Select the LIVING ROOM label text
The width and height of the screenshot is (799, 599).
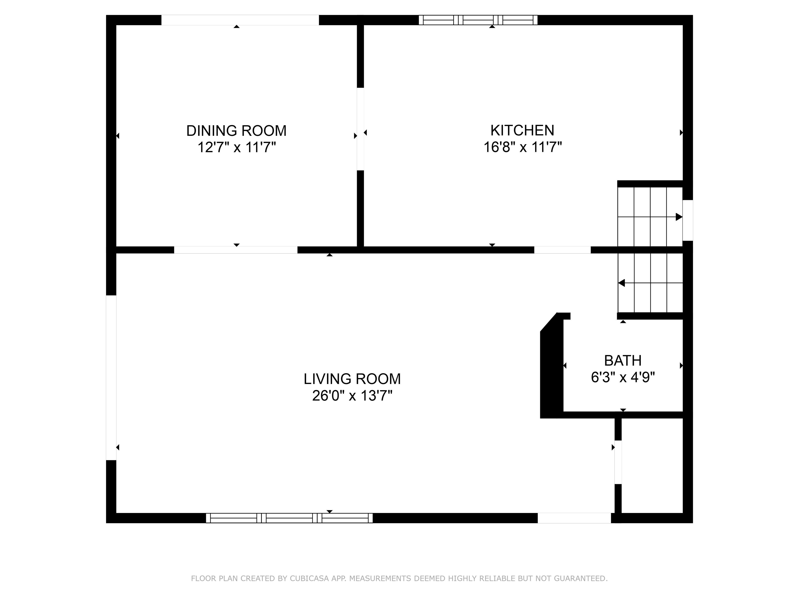(352, 379)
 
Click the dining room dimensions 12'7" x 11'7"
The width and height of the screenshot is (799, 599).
(237, 147)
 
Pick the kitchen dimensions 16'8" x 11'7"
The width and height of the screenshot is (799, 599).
(523, 147)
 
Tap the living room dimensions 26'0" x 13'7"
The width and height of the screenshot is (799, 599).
(352, 396)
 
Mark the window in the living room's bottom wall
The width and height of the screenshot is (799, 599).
(289, 518)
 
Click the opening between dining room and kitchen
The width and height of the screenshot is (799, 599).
(360, 129)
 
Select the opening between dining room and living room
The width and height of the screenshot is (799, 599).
(236, 250)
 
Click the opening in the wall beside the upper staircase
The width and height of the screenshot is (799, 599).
(688, 220)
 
